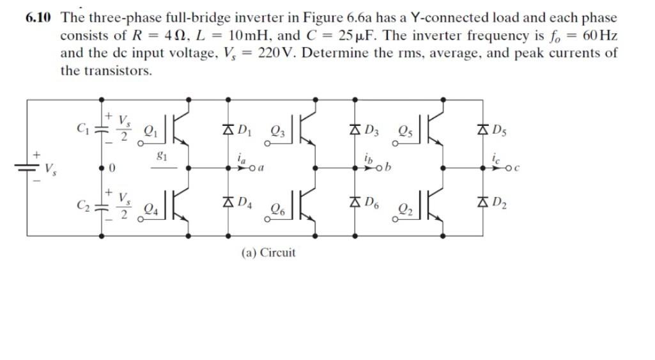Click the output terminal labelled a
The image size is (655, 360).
pyautogui.click(x=262, y=168)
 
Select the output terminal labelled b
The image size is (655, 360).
pyautogui.click(x=388, y=168)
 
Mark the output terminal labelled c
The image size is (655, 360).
pyautogui.click(x=516, y=168)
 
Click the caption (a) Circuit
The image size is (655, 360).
pyautogui.click(x=268, y=253)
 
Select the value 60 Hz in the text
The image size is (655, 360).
pyautogui.click(x=597, y=35)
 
